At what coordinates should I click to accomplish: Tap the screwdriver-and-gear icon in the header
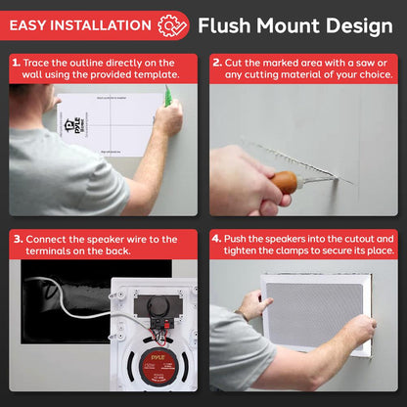(x=173, y=24)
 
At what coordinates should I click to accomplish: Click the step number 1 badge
(x=16, y=62)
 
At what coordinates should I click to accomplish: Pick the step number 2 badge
(x=217, y=62)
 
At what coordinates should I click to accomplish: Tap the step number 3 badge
(x=16, y=239)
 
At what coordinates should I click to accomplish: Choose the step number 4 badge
(x=217, y=239)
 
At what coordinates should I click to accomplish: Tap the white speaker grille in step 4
(x=315, y=310)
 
